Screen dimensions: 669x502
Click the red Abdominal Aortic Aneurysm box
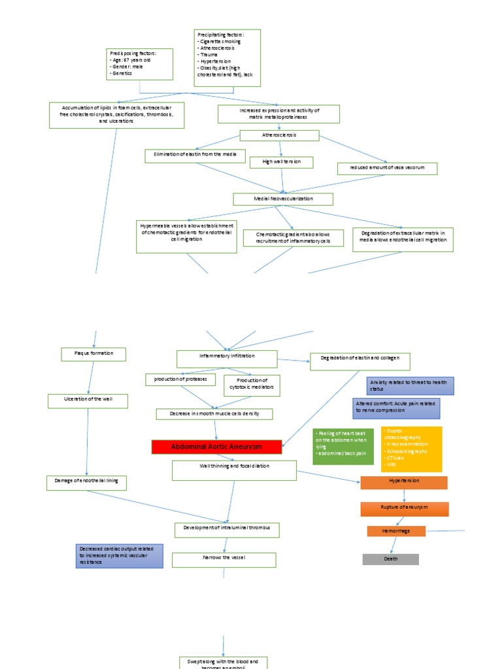216,447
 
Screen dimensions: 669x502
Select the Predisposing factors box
140,63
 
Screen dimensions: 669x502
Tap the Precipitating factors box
227,57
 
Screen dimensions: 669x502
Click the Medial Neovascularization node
283,199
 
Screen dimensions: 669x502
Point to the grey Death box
390,559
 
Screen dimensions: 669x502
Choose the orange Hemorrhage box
396,531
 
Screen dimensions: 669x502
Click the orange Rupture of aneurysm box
405,508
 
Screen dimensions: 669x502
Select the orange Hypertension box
404,482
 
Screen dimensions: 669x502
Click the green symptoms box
343,446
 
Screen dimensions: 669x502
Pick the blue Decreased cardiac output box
119,555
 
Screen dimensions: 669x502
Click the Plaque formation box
93,354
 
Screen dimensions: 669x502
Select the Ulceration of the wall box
88,400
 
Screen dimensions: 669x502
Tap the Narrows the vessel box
224,559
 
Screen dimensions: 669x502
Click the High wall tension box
281,162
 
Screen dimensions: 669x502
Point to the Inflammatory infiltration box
227,358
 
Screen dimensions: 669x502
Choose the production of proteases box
180,380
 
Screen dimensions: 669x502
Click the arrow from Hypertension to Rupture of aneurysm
404,495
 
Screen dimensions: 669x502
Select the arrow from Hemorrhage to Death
393,546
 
